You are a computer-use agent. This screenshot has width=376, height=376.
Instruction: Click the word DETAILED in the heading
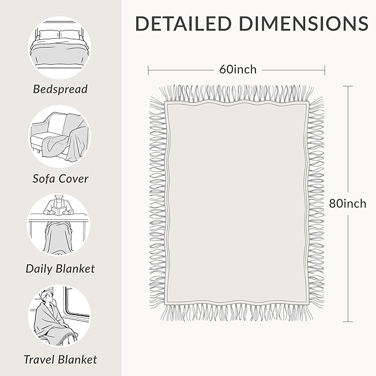click(183, 23)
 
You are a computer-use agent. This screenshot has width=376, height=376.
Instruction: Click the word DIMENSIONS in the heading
click(304, 23)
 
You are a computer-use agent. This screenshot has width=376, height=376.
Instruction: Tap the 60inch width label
click(238, 69)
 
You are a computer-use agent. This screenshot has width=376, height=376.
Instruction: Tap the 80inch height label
click(347, 204)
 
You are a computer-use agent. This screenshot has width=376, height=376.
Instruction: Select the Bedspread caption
click(60, 89)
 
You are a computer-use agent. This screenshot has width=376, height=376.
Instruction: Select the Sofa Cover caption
click(60, 179)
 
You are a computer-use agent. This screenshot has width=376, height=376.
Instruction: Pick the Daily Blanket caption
click(60, 269)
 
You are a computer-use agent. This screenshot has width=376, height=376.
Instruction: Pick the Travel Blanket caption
click(60, 360)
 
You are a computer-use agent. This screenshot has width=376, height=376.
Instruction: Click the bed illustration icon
click(59, 48)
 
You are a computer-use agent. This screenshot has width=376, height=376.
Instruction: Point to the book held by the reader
click(59, 211)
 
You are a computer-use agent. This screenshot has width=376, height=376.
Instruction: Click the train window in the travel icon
click(76, 302)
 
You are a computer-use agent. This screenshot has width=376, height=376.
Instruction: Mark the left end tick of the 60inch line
click(148, 70)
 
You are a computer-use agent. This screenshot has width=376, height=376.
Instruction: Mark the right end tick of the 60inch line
click(325, 70)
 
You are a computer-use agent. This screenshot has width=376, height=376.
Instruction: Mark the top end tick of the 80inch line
click(348, 86)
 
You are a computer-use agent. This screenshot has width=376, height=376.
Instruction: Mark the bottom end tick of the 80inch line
click(348, 322)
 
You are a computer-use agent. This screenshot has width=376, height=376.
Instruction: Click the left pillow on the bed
click(49, 35)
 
